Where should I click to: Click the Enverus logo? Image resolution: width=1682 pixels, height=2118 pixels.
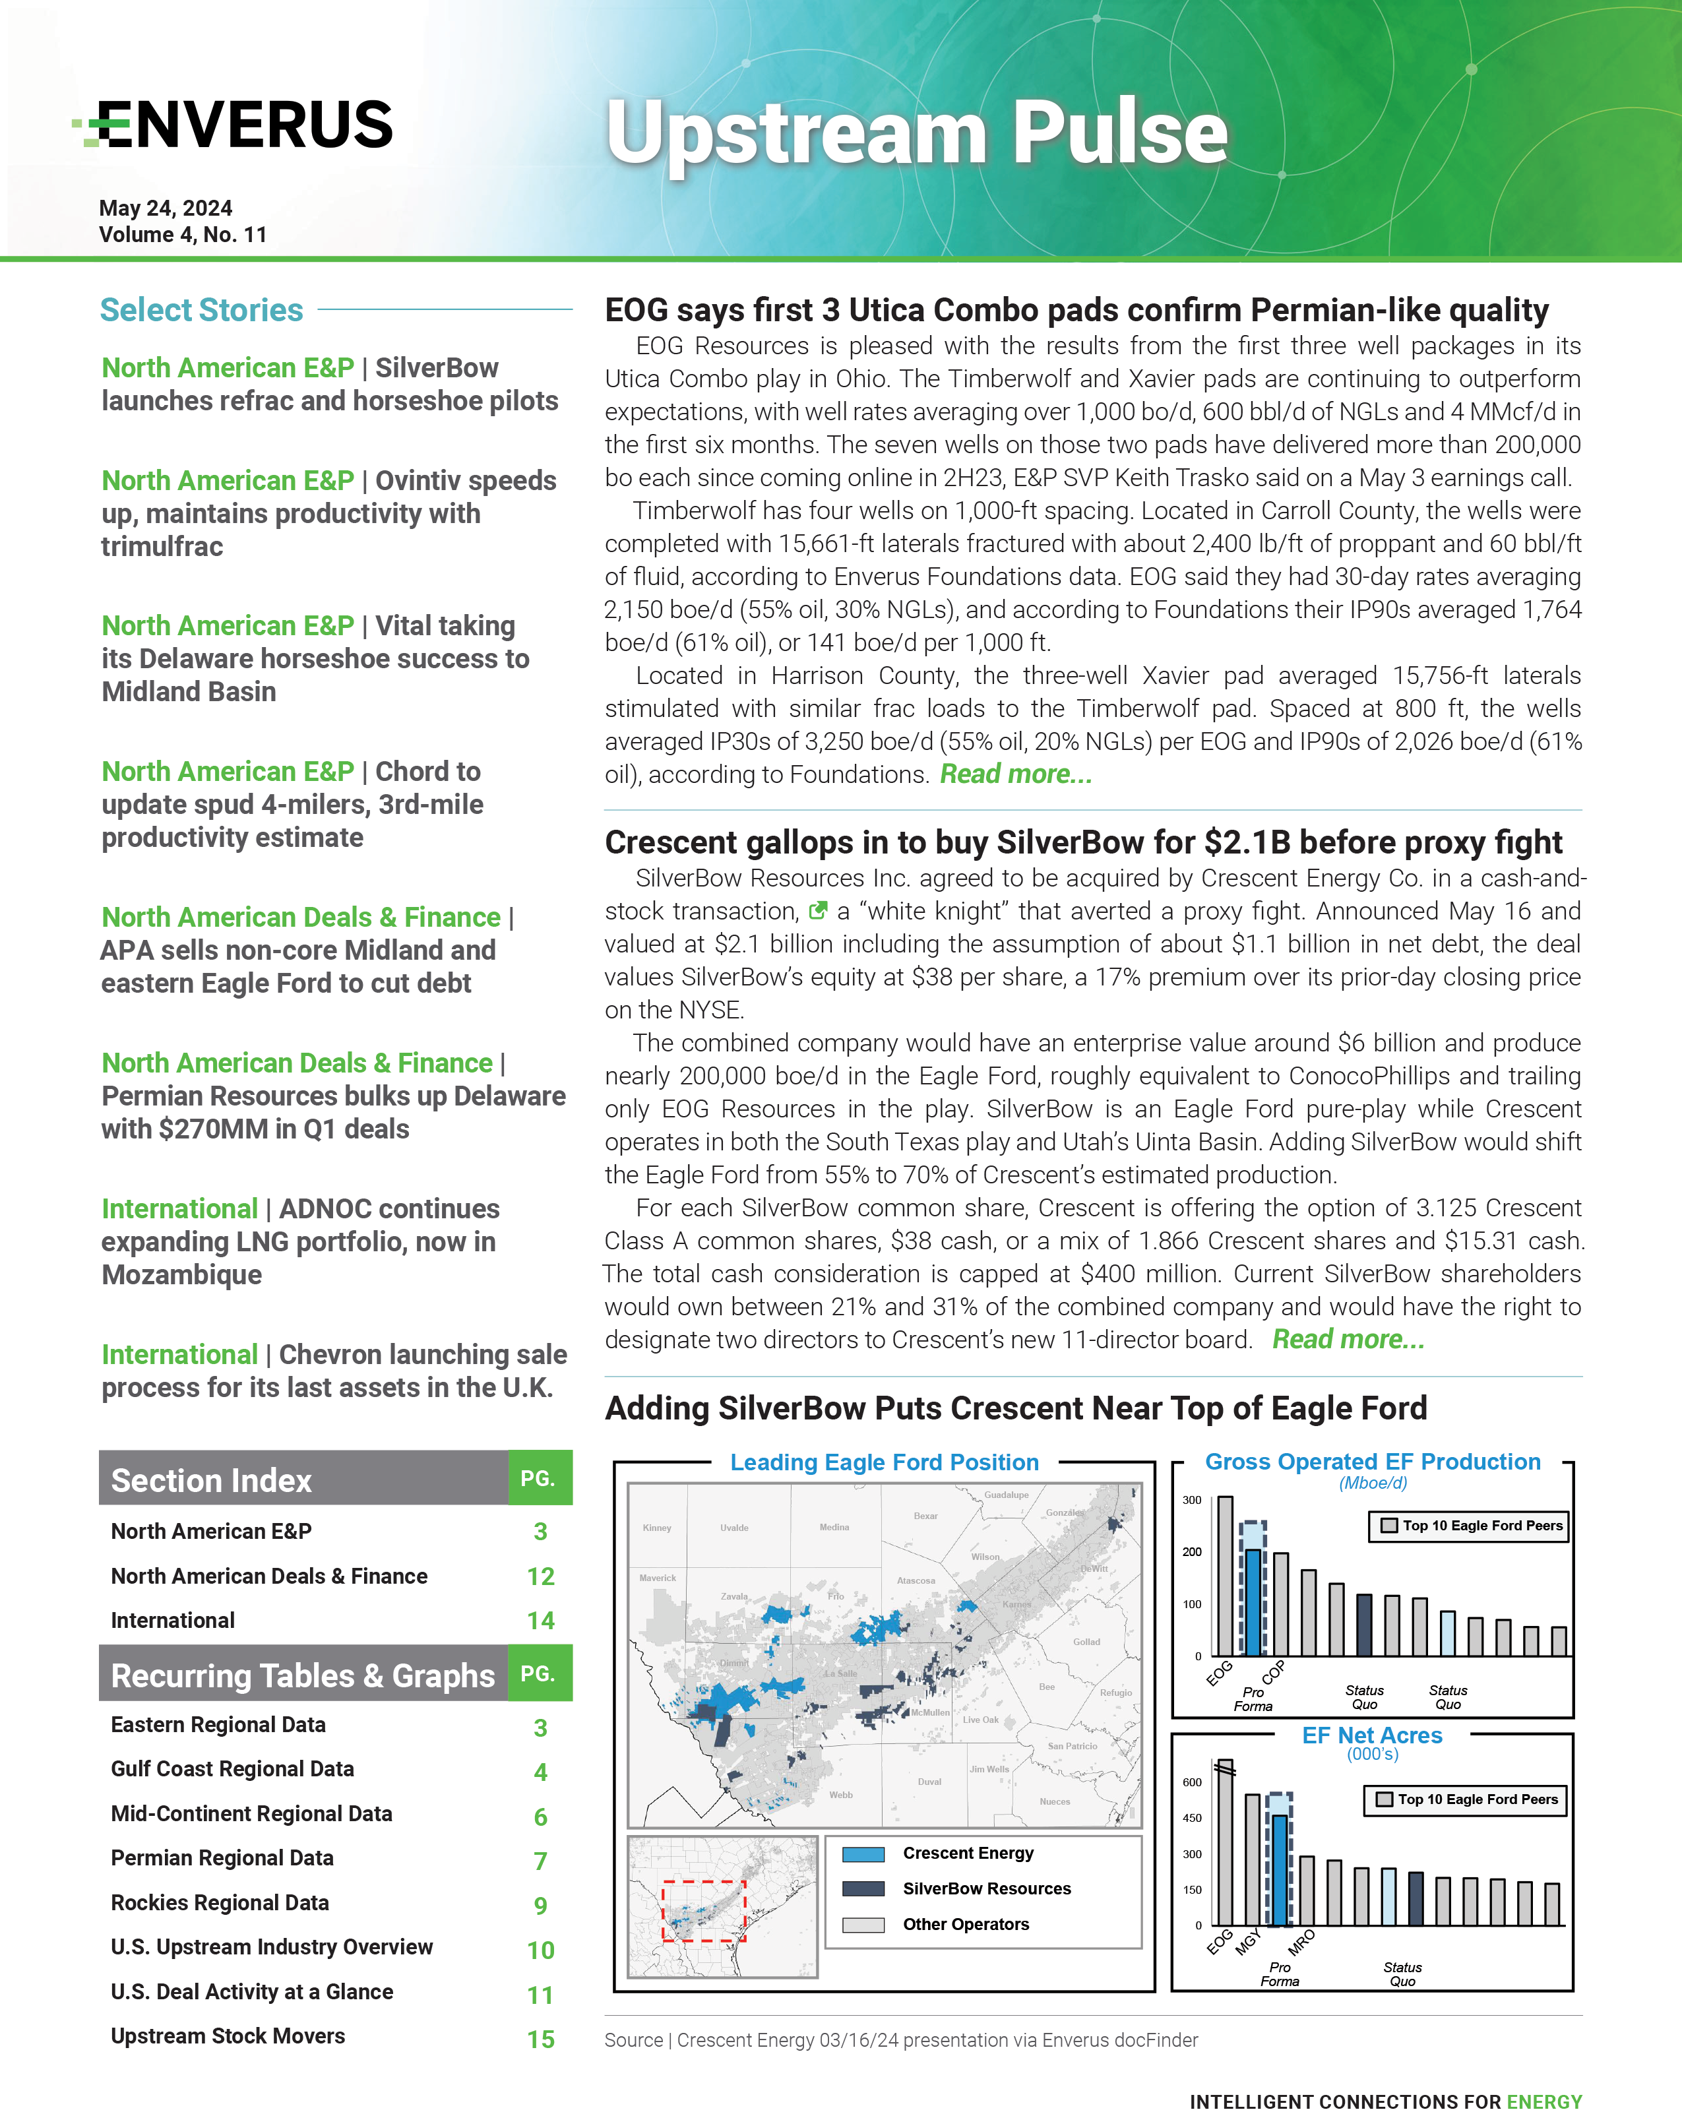coord(233,125)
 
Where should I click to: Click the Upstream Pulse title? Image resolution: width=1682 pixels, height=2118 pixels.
coord(917,133)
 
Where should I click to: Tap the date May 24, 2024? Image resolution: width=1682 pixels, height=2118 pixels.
coord(165,208)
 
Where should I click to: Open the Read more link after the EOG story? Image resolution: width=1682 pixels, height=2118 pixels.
coord(1015,774)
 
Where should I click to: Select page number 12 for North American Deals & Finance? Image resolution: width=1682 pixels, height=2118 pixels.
coord(540,1576)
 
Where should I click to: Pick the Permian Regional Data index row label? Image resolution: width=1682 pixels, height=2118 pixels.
coord(222,1857)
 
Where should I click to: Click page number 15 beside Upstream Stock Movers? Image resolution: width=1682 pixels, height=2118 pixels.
coord(540,2040)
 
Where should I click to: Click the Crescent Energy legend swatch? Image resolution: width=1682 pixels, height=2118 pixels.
coord(863,1853)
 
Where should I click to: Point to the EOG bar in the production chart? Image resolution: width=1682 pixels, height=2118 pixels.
coord(1225,1576)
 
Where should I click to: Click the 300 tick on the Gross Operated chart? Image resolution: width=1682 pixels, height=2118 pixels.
coord(1192,1500)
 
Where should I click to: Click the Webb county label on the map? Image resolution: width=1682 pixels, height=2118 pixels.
coord(841,1795)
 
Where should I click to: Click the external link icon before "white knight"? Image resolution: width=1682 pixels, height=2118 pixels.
coord(817,911)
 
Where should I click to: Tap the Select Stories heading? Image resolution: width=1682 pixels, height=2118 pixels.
coord(201,309)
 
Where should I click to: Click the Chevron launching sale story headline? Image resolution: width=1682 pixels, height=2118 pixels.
coord(334,1371)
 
